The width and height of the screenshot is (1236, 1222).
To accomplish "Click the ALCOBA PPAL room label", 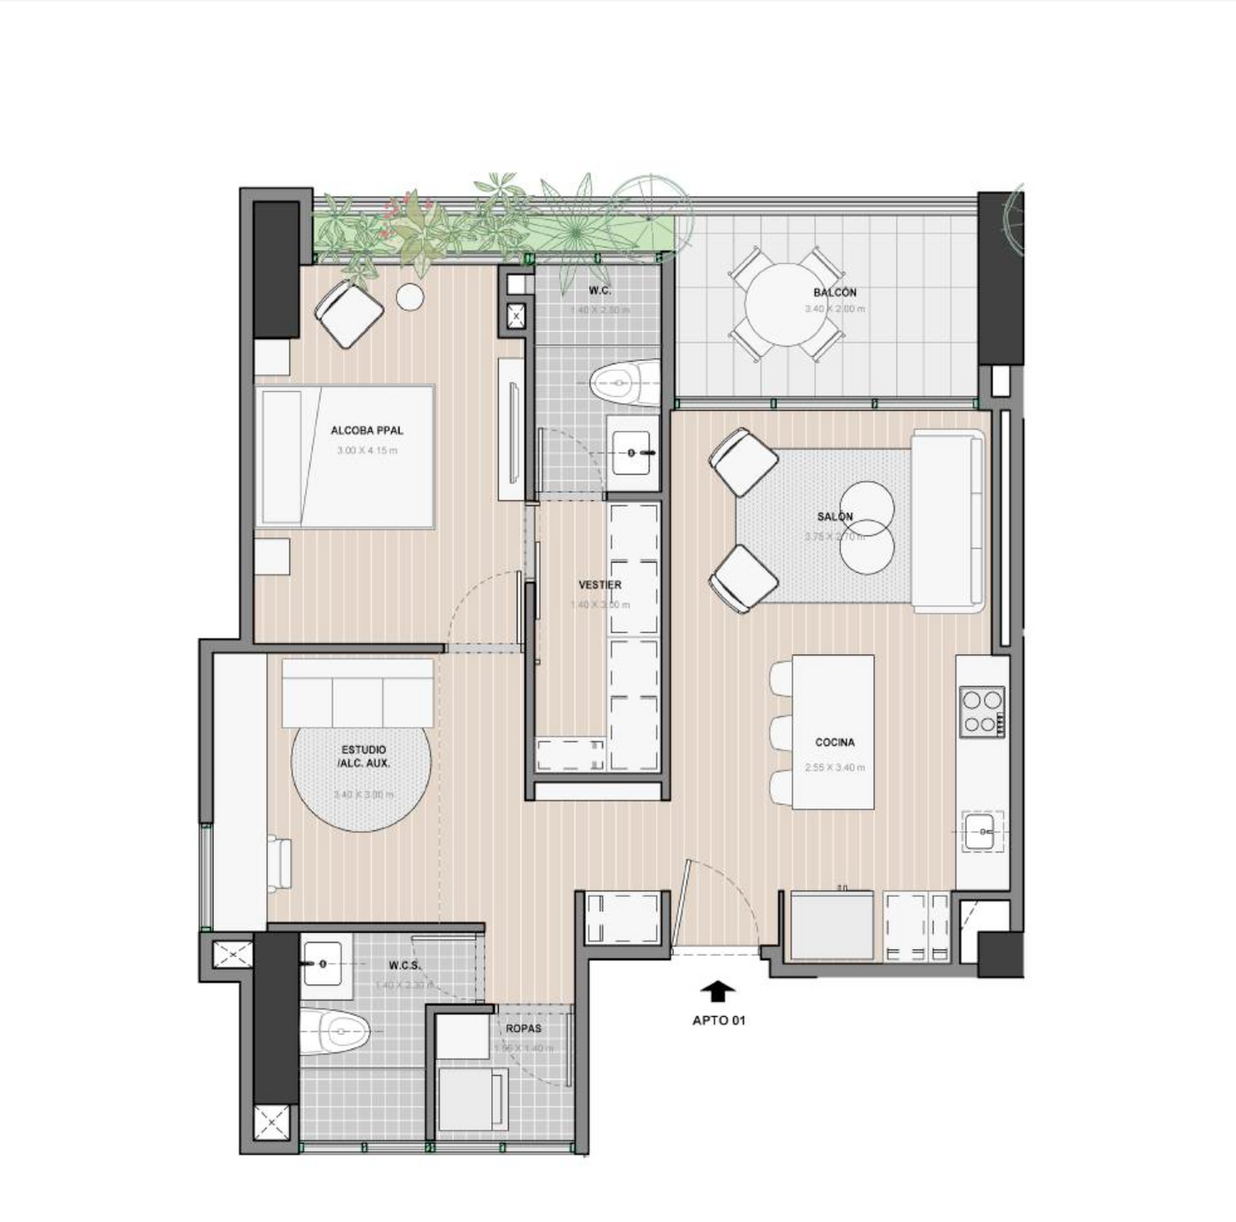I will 366,430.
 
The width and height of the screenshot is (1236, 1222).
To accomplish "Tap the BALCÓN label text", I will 835,292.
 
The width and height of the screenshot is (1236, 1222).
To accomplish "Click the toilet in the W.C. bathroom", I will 624,383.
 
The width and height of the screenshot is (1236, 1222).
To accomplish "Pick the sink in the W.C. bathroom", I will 633,446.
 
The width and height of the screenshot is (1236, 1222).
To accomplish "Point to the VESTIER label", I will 600,585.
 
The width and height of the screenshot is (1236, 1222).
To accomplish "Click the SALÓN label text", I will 835,517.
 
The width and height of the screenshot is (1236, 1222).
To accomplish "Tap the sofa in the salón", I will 947,522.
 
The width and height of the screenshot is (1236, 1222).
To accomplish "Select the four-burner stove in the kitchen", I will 981,711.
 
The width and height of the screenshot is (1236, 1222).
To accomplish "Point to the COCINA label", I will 835,742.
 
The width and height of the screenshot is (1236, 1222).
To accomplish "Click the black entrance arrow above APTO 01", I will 718,990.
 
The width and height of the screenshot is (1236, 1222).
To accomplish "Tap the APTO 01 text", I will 719,1020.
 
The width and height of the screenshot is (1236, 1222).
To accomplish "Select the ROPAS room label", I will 523,1028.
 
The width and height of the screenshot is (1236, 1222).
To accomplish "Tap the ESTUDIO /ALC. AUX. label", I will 364,756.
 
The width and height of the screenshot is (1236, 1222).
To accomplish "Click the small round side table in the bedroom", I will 411,296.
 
